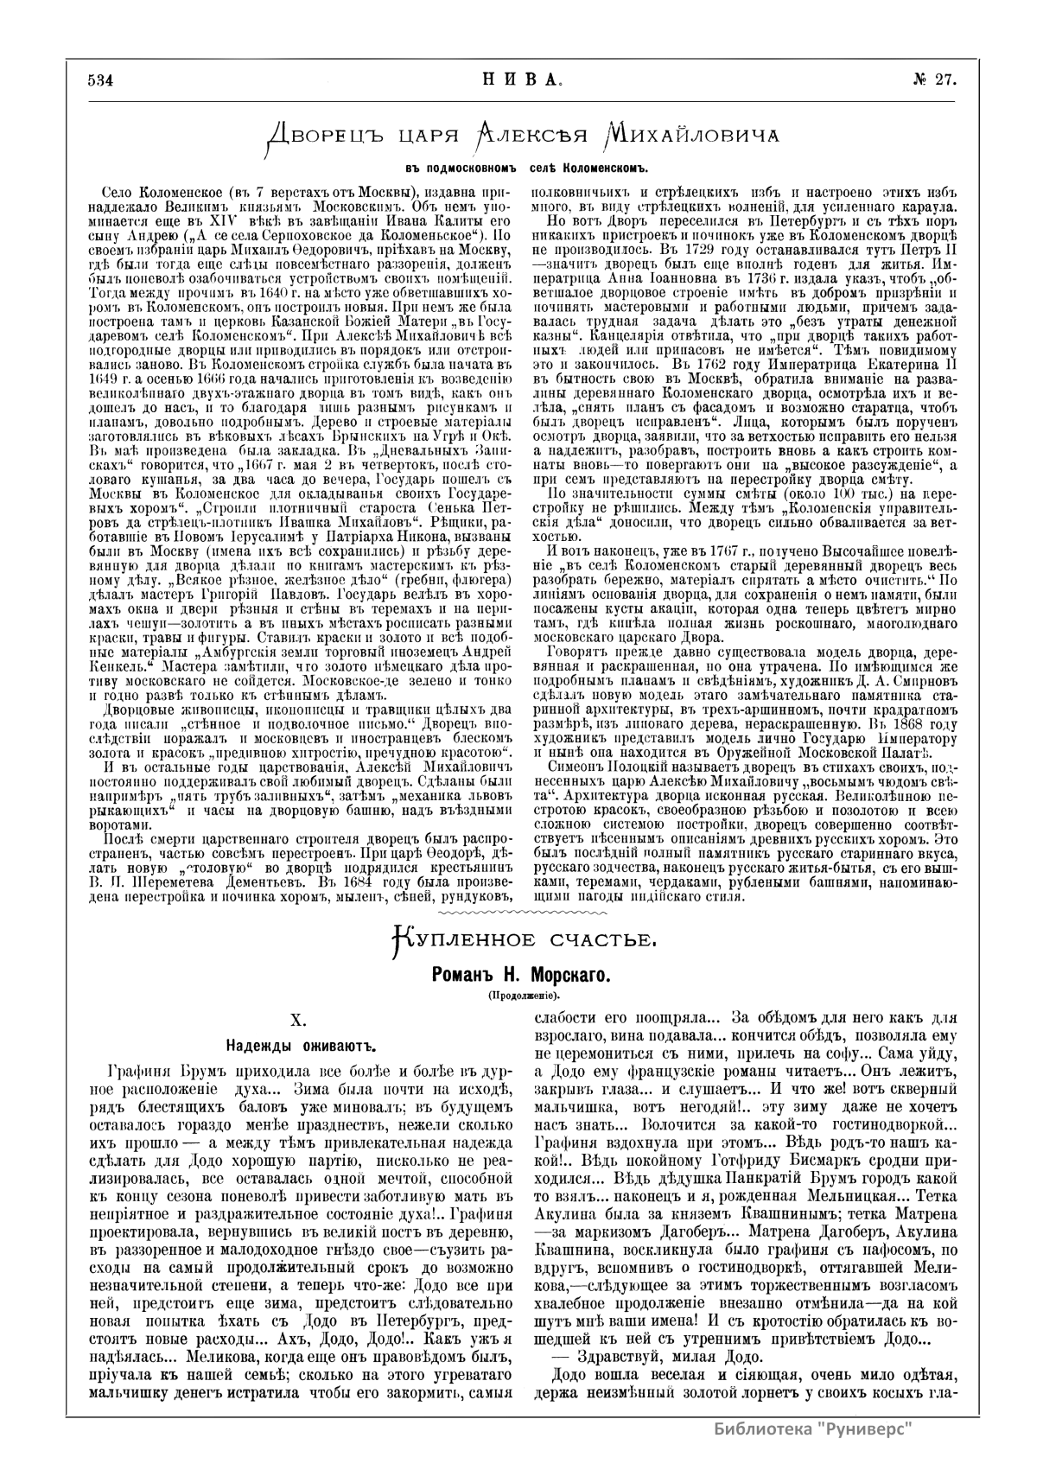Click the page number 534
click(101, 80)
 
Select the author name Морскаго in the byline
click(566, 974)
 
